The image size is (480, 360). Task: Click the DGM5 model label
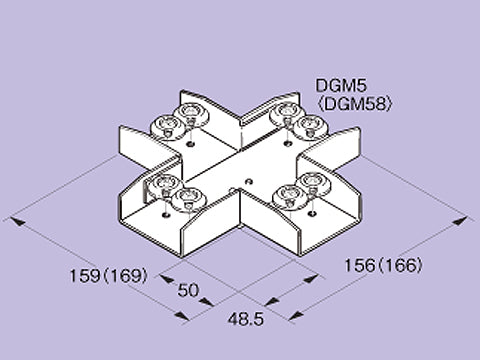pos(335,86)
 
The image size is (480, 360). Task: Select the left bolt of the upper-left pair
pos(166,124)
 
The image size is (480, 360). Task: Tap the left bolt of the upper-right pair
pos(282,111)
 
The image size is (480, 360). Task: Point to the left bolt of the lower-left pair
pos(160,184)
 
